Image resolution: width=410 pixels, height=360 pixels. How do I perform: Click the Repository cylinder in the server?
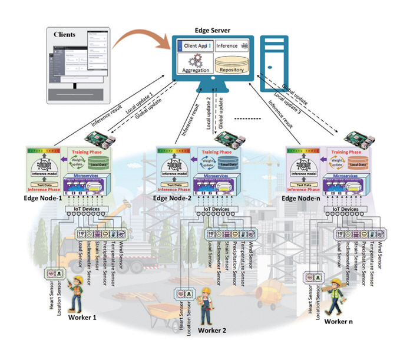231,64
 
